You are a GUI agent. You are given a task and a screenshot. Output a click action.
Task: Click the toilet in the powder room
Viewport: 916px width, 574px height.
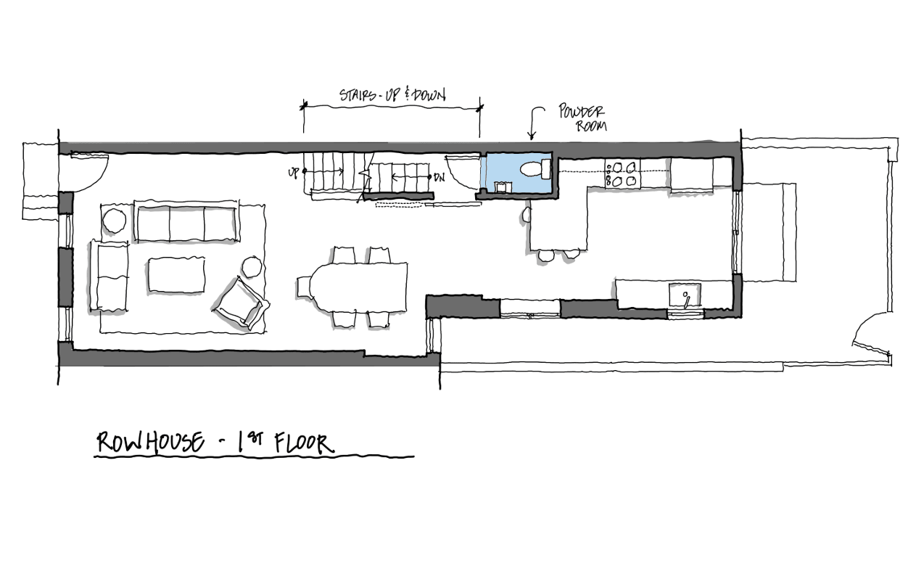(x=535, y=169)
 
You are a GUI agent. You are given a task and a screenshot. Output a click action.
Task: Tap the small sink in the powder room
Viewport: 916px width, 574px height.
(x=501, y=187)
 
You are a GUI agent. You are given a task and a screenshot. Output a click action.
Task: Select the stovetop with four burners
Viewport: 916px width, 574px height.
(x=623, y=174)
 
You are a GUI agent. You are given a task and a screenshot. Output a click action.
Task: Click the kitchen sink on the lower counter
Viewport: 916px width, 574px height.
(x=685, y=295)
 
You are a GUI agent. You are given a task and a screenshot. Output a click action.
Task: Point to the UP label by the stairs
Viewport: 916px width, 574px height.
(x=294, y=173)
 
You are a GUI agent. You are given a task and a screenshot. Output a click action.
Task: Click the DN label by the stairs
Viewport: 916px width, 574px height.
(x=440, y=177)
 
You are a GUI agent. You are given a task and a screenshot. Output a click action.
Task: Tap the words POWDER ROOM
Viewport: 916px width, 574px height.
(x=582, y=118)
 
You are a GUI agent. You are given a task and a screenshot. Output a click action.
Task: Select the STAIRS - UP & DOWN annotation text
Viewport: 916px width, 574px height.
(x=392, y=95)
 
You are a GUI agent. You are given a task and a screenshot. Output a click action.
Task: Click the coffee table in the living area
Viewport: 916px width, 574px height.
(x=176, y=274)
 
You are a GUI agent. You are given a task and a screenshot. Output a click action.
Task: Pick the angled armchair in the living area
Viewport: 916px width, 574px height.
(x=242, y=303)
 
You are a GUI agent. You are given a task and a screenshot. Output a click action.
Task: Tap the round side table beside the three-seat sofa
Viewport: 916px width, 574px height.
(x=114, y=221)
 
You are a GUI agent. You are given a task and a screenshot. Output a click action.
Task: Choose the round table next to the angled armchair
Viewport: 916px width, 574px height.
(x=252, y=267)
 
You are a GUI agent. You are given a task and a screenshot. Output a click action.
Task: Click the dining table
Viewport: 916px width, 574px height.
(x=358, y=287)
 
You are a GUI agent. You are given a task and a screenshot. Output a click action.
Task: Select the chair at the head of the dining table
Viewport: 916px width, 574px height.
(x=303, y=287)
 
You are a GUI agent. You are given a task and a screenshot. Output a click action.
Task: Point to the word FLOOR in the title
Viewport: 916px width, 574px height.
(x=304, y=443)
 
